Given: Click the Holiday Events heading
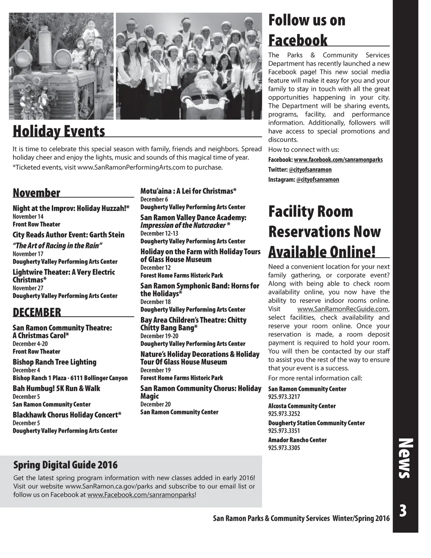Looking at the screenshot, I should [x=59, y=131].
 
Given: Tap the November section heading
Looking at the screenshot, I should [x=37, y=193].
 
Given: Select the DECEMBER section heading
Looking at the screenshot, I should [x=37, y=312].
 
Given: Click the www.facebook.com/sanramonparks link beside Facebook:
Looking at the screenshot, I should [x=338, y=160].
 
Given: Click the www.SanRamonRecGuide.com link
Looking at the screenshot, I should [x=343, y=309].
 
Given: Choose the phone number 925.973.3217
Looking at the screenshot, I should [x=284, y=397].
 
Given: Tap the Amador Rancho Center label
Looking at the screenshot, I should [x=297, y=440].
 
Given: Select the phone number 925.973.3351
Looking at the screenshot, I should [x=284, y=431].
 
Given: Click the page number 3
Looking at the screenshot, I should [x=403, y=511].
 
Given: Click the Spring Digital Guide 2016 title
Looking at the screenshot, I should [x=66, y=465].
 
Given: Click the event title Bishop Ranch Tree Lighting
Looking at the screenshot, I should [x=54, y=362].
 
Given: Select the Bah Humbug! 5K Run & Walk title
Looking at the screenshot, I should [x=56, y=388].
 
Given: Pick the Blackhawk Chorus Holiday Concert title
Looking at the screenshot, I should [x=67, y=415].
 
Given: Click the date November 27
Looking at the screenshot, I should [x=28, y=288].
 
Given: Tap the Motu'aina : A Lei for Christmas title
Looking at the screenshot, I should [x=188, y=191].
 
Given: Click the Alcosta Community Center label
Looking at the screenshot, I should [x=302, y=406].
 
